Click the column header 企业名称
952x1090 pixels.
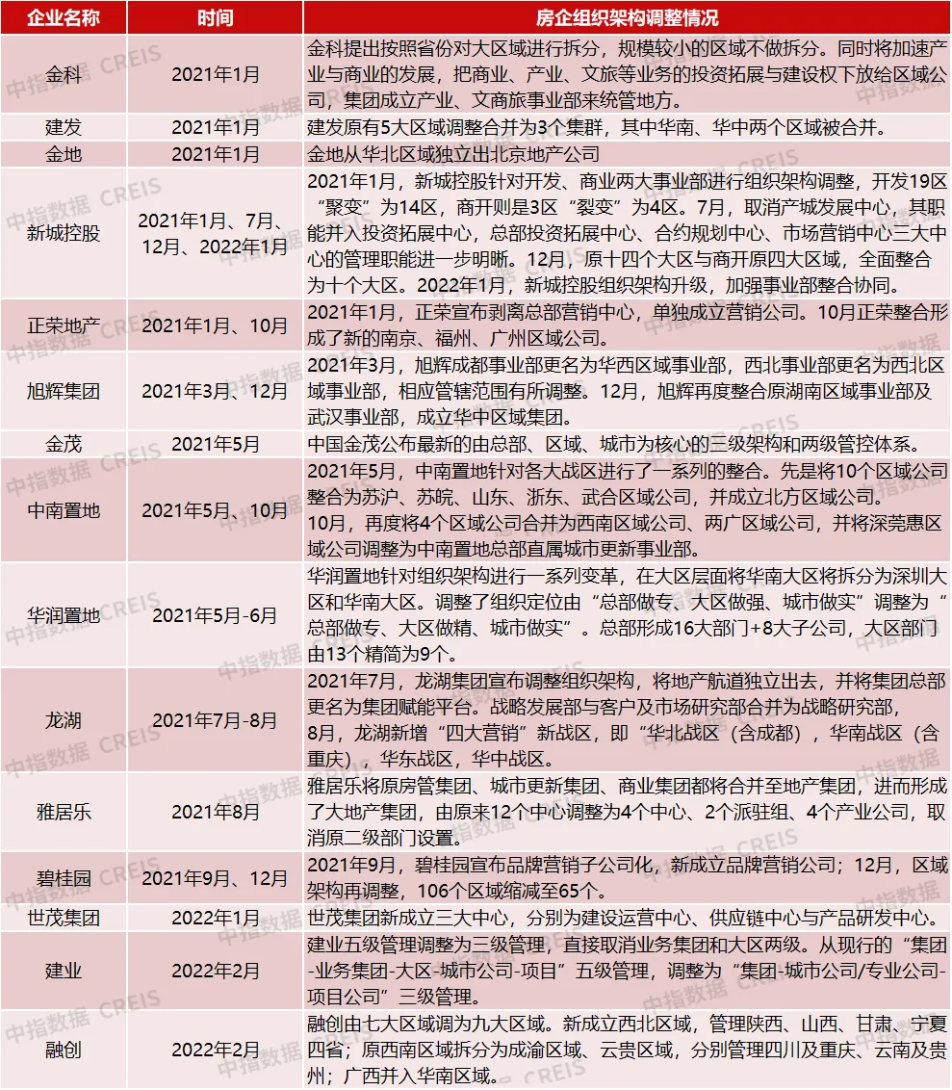64,18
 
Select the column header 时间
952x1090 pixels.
215,18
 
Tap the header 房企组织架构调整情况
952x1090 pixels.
627,18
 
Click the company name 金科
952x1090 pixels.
64,74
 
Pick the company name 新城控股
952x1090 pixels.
64,234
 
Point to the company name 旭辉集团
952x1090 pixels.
64,392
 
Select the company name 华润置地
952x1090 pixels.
64,615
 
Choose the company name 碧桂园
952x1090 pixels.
64,877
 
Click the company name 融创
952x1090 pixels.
64,1049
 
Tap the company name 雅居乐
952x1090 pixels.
64,812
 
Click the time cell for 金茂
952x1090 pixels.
215,445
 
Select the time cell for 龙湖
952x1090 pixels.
215,720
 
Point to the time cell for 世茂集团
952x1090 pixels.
215,916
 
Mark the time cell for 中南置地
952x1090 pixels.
215,510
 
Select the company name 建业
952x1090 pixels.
64,970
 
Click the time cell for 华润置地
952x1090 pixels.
215,615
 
